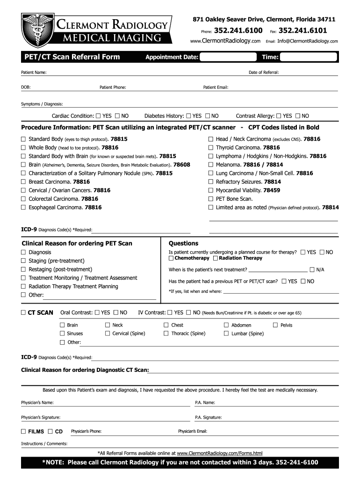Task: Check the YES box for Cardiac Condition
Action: coord(98,116)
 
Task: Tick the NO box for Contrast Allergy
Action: coord(297,116)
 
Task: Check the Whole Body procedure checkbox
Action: coord(23,148)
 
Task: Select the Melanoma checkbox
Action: coord(211,165)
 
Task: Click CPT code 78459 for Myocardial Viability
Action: coord(272,190)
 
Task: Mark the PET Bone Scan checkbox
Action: coord(211,199)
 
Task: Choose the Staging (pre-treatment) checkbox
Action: coord(23,261)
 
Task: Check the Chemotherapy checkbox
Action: coord(171,258)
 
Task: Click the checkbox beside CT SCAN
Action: coord(23,312)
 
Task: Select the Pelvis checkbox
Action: coord(275,325)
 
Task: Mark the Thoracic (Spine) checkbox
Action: coord(166,334)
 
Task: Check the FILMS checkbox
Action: coord(23,431)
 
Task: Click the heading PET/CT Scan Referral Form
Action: coord(72,57)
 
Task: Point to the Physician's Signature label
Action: coord(41,417)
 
